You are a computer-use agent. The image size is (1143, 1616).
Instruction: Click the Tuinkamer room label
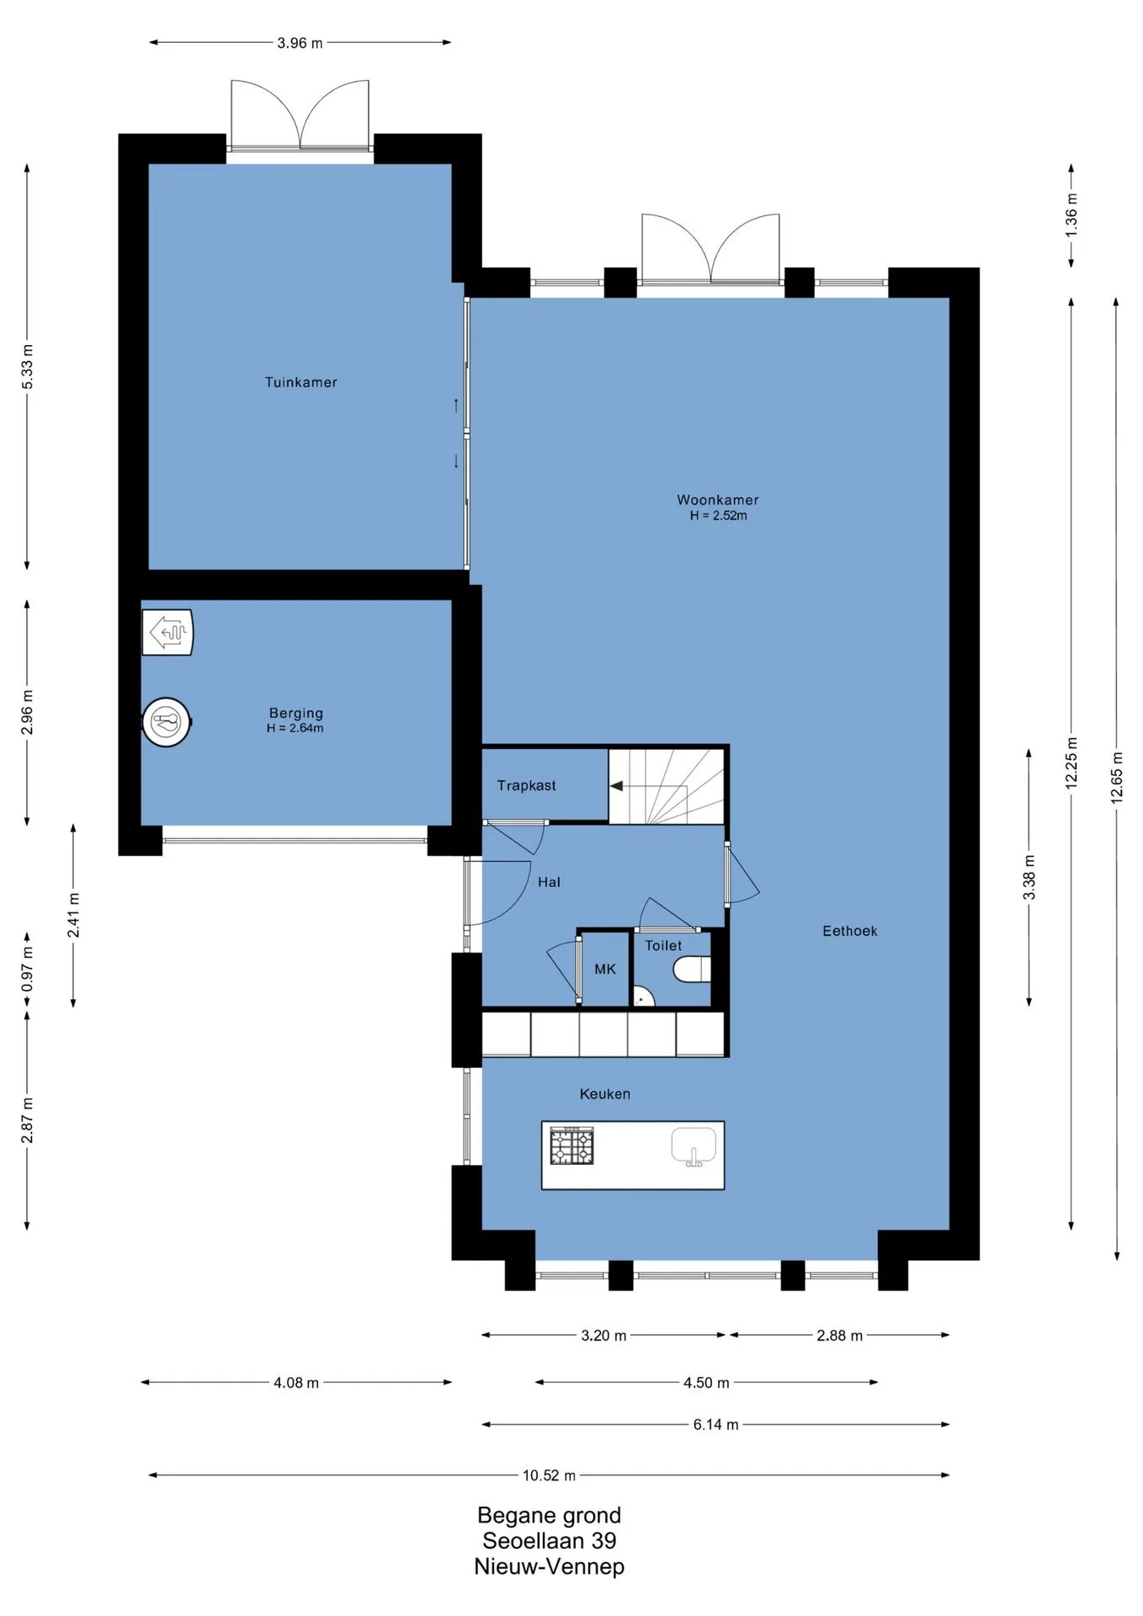pyautogui.click(x=300, y=382)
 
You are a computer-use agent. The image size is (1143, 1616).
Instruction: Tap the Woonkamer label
pyautogui.click(x=718, y=500)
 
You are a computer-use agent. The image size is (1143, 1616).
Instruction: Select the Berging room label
pyautogui.click(x=295, y=714)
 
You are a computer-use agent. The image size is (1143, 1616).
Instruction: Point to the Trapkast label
pyautogui.click(x=526, y=785)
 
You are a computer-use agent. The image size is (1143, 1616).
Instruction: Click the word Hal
pyautogui.click(x=549, y=882)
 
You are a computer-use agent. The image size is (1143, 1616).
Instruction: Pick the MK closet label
pyautogui.click(x=605, y=970)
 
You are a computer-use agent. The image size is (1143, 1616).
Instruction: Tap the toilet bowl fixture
pyautogui.click(x=692, y=970)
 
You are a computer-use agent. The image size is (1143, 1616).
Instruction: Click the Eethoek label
pyautogui.click(x=849, y=931)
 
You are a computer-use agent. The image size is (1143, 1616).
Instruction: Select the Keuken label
pyautogui.click(x=604, y=1094)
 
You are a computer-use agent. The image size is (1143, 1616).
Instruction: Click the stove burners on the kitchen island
pyautogui.click(x=571, y=1146)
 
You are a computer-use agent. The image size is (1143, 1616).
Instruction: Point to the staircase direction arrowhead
pyautogui.click(x=616, y=786)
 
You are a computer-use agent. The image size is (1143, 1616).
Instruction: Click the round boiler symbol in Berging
pyautogui.click(x=167, y=722)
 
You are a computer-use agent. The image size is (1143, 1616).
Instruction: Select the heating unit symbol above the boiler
pyautogui.click(x=168, y=632)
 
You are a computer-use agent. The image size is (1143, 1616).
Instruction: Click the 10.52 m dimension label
pyautogui.click(x=549, y=1475)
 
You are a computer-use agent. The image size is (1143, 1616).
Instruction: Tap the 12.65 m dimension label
pyautogui.click(x=1117, y=778)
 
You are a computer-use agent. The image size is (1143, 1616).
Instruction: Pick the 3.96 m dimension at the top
pyautogui.click(x=300, y=43)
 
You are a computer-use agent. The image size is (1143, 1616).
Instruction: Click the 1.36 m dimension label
pyautogui.click(x=1071, y=216)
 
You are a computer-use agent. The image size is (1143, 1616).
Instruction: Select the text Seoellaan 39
pyautogui.click(x=549, y=1541)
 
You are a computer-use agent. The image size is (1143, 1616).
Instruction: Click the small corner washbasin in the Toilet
pyautogui.click(x=643, y=997)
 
